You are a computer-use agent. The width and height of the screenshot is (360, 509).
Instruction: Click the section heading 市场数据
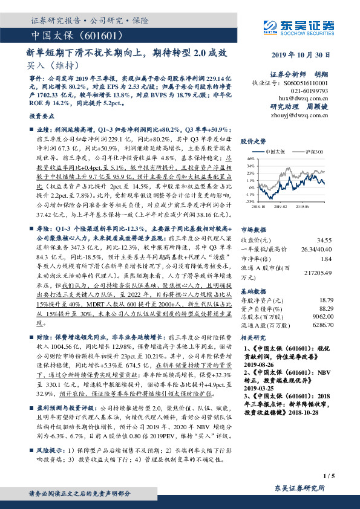tap(254, 230)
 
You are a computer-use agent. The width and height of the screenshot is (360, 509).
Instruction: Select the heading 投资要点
tap(41, 114)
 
